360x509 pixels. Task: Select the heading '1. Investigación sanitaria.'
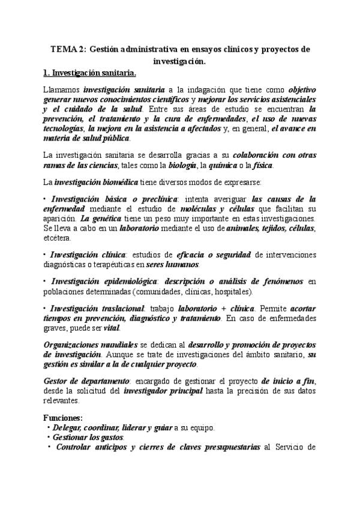[x=90, y=74]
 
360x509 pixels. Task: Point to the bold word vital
[x=112, y=328]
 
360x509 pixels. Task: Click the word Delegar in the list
[x=68, y=427]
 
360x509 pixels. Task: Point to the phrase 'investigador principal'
[x=161, y=391]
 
